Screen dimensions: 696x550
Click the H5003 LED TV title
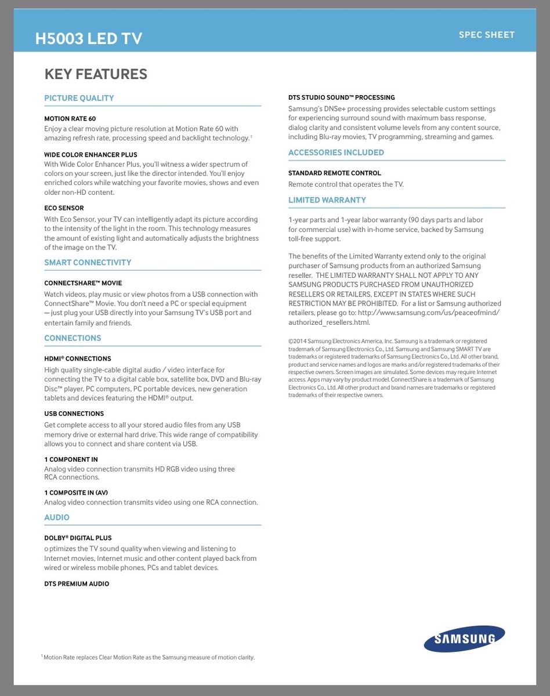88,38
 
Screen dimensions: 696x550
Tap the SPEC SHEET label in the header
486,35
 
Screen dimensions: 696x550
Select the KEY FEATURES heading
96,74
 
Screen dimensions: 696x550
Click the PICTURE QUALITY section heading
79,98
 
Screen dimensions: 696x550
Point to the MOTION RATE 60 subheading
70,118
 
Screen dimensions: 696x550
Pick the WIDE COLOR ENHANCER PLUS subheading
91,155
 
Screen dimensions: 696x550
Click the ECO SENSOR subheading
64,208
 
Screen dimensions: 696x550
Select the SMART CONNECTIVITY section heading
88,262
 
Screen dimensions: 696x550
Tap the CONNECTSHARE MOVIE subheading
83,283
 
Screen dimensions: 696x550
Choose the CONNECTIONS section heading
73,338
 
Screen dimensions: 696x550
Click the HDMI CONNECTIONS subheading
77,358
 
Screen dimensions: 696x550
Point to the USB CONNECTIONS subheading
74,414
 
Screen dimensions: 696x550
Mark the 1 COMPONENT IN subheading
71,459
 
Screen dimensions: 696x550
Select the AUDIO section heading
57,517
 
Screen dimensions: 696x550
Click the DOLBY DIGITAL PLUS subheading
78,538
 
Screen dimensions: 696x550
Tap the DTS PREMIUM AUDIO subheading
77,583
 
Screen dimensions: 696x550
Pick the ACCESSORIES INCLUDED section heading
336,153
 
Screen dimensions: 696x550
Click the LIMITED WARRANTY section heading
327,200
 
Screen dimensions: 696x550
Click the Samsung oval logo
464,639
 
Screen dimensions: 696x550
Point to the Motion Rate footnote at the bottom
148,657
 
